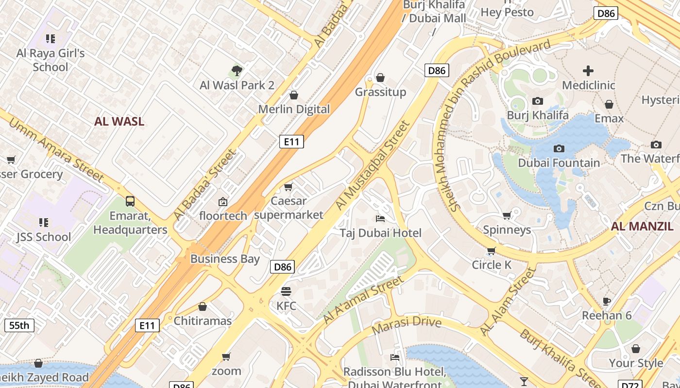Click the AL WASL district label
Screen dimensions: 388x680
click(119, 121)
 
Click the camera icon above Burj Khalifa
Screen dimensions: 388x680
click(537, 101)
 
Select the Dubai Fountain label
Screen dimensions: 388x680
click(559, 163)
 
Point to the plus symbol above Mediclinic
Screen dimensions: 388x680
click(588, 71)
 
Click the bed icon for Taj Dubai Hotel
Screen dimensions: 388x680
click(380, 219)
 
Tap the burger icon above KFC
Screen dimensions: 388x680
click(286, 291)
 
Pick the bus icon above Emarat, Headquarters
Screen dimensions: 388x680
click(130, 201)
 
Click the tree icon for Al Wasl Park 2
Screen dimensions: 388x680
click(237, 71)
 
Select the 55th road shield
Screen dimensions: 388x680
click(19, 325)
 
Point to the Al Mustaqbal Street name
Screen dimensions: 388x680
click(373, 166)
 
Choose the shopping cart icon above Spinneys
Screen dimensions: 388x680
click(507, 215)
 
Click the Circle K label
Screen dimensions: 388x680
click(492, 265)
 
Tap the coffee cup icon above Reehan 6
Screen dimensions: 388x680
click(607, 301)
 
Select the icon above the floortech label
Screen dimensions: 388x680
click(222, 201)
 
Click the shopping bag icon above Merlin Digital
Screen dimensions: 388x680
click(293, 95)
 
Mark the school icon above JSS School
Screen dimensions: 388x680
click(44, 223)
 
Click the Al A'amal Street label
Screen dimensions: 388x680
click(363, 300)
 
